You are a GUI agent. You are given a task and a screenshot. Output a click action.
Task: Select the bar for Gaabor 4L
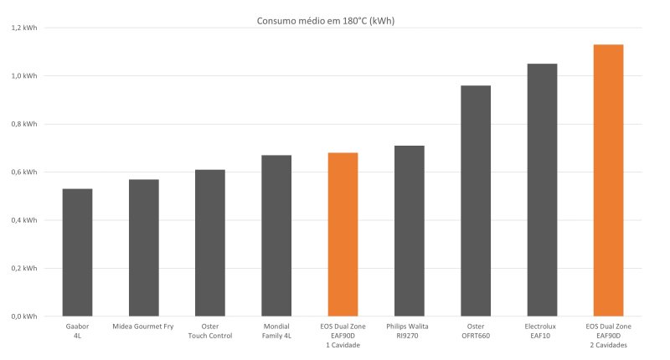coord(77,253)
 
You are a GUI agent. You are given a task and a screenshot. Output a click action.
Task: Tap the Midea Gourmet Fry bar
coord(143,248)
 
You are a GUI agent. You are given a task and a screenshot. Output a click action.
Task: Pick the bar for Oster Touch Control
coord(209,243)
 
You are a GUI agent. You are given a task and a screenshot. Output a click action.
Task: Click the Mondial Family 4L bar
coord(276,235)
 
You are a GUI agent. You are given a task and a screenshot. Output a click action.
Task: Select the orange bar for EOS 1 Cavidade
coord(343,234)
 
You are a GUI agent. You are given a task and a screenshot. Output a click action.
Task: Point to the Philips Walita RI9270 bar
coord(409,231)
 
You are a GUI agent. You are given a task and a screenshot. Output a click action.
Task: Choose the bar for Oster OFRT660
coord(476,201)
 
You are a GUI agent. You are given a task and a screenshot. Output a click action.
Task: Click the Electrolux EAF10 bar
coord(542,190)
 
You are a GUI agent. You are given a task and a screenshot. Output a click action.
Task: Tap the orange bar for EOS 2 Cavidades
coord(608,180)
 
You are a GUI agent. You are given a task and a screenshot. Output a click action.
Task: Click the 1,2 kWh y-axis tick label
coord(24,28)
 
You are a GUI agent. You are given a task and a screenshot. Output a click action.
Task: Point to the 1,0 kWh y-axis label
coord(24,76)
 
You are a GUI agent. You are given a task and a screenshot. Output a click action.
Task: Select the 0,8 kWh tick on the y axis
coord(24,124)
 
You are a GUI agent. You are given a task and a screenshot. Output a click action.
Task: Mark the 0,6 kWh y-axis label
coord(24,172)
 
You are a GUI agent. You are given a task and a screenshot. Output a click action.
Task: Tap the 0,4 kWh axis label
coord(24,220)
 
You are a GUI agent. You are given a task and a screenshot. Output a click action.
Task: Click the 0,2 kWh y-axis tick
coord(24,269)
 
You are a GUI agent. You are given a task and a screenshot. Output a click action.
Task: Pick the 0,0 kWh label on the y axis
coord(24,316)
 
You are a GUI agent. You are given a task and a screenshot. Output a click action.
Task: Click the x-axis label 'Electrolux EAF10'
coord(542,330)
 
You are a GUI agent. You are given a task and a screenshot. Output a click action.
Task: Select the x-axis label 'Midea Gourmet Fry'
coord(143,326)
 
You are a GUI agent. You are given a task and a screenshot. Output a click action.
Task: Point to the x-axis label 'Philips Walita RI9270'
coord(409,330)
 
